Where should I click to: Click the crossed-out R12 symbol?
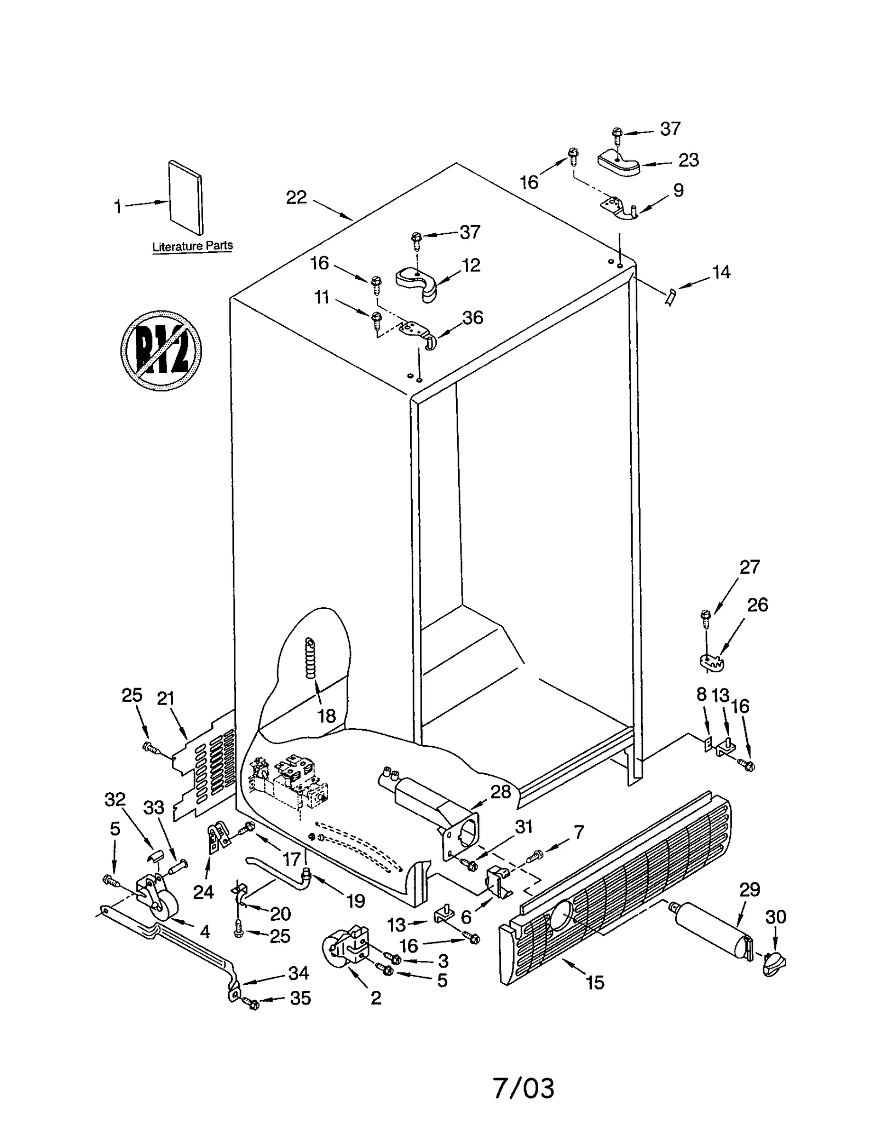coord(160,350)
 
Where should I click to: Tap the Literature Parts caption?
coord(192,246)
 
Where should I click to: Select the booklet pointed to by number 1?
coord(186,197)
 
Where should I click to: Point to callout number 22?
coord(296,198)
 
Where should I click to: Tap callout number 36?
coord(472,318)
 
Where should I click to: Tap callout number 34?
coord(298,973)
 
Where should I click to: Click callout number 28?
coord(500,792)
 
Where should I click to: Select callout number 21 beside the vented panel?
coord(165,699)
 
